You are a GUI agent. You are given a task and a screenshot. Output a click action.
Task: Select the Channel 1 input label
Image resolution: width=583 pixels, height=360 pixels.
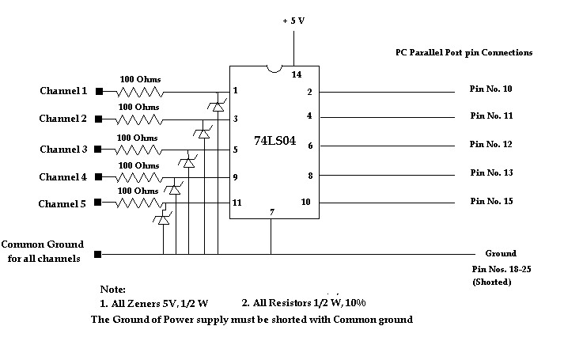pyautogui.click(x=63, y=91)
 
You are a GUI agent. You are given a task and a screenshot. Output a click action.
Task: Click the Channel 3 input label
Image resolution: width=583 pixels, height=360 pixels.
pyautogui.click(x=63, y=150)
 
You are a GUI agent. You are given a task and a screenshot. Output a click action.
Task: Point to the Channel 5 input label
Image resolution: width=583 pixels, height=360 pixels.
pyautogui.click(x=63, y=204)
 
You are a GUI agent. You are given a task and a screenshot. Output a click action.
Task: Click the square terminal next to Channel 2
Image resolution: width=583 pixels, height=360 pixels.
pyautogui.click(x=99, y=119)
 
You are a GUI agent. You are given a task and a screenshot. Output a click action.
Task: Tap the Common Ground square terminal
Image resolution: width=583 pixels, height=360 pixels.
pyautogui.click(x=98, y=255)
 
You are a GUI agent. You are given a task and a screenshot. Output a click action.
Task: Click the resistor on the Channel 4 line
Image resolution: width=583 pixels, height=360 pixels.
pyautogui.click(x=138, y=176)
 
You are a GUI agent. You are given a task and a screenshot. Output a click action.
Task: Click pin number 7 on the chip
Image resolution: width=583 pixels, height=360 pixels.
pyautogui.click(x=271, y=211)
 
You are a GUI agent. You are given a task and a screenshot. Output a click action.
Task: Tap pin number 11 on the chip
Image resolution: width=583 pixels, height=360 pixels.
pyautogui.click(x=237, y=203)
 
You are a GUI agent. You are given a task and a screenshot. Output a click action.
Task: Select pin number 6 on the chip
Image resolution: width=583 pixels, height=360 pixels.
pyautogui.click(x=309, y=146)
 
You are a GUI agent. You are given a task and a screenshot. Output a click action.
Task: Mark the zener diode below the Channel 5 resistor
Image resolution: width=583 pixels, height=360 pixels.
pyautogui.click(x=164, y=219)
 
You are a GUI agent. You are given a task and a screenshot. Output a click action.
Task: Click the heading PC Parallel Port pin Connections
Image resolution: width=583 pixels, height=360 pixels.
pyautogui.click(x=464, y=53)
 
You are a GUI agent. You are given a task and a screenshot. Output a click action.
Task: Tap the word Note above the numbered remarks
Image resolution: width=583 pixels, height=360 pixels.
pyautogui.click(x=113, y=290)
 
